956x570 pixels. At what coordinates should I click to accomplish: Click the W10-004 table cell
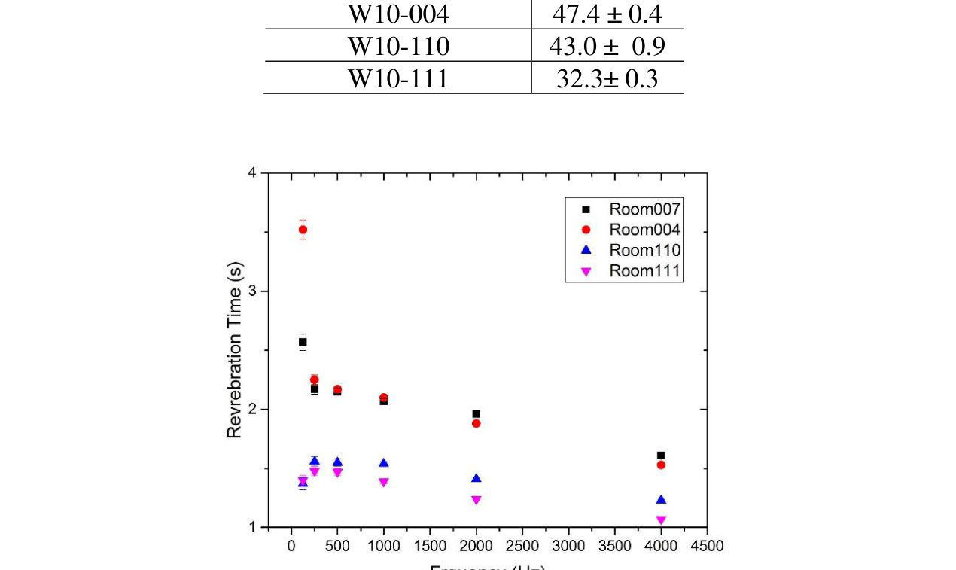397,14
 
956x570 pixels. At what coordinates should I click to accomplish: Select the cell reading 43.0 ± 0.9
607,47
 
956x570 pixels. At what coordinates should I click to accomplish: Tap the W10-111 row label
397,78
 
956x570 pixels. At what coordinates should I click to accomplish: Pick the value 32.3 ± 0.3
607,78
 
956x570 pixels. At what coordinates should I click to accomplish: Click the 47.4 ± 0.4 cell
607,14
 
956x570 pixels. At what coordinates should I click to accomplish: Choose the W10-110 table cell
397,47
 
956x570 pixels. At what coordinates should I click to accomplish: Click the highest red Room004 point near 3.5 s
303,230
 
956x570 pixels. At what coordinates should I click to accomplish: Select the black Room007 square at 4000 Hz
661,456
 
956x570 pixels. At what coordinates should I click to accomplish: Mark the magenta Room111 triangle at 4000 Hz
661,520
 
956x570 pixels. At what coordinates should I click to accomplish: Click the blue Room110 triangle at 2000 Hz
476,478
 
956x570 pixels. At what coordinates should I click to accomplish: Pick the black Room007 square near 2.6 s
303,342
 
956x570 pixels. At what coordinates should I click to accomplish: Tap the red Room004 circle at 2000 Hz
476,423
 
